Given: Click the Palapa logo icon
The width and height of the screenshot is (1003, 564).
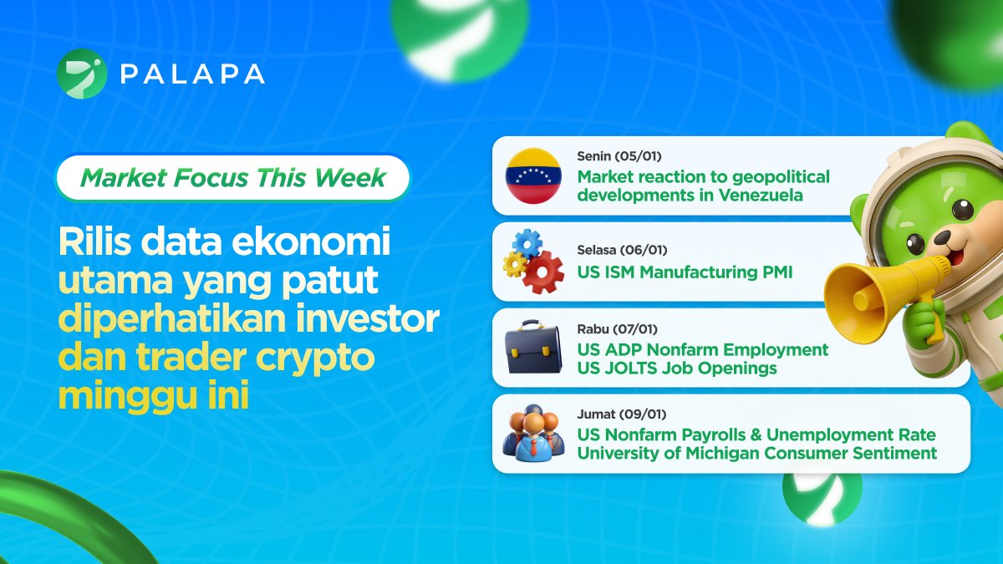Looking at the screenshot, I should [81, 74].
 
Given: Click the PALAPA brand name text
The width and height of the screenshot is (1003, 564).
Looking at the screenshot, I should [191, 74].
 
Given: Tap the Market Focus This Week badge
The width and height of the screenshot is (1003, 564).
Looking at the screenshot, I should [233, 178].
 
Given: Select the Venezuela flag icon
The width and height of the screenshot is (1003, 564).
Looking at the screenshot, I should [532, 176].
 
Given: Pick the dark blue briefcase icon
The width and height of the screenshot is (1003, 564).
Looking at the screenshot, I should [532, 348].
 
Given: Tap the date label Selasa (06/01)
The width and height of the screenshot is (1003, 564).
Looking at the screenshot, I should [622, 251].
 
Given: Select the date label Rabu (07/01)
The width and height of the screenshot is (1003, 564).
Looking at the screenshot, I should [617, 329].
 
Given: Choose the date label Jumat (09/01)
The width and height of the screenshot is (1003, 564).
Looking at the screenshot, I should [620, 414].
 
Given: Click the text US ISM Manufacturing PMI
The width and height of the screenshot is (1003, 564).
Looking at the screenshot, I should [685, 272].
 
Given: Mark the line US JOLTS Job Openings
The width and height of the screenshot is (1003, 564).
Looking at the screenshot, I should [676, 368].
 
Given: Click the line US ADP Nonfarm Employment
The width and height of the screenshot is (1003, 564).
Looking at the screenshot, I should [702, 349].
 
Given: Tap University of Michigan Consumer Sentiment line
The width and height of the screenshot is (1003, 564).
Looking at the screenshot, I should [756, 454].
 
